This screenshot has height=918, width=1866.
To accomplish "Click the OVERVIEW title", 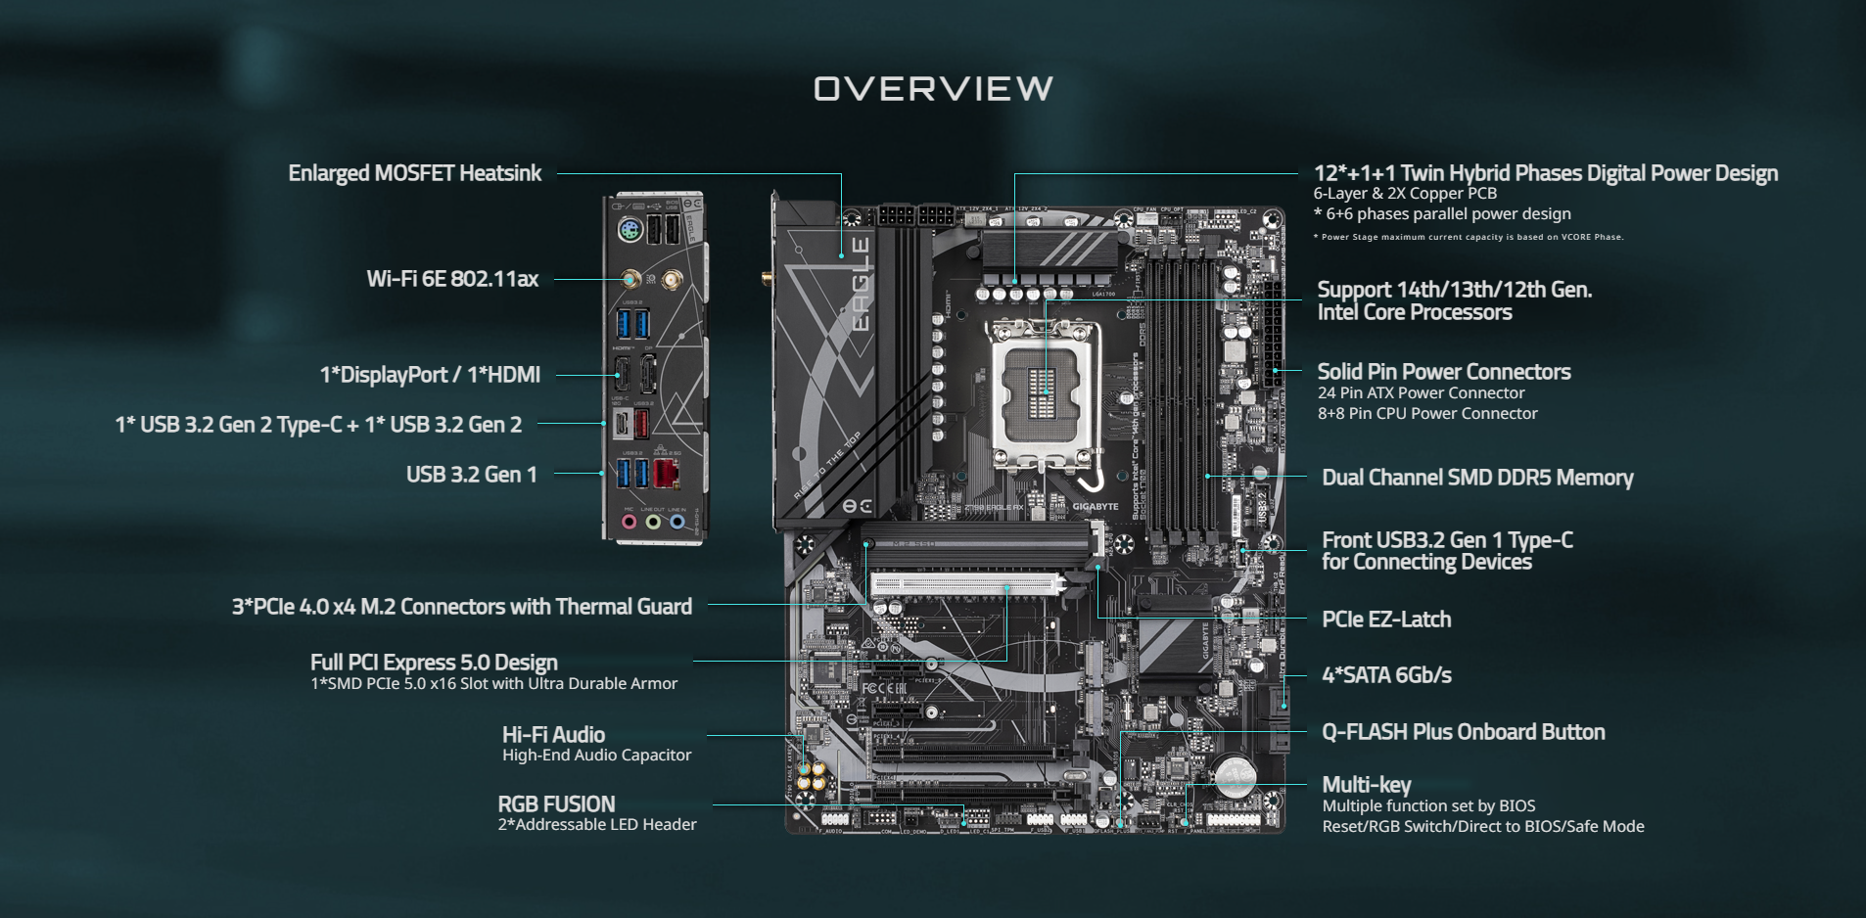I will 933,89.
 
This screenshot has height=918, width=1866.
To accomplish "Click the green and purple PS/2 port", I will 630,231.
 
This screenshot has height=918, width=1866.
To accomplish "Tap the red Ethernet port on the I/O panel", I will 666,474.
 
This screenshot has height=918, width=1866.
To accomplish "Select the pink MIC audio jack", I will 630,522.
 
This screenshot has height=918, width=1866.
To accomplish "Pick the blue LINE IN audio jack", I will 677,522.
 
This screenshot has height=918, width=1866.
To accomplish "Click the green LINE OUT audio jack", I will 653,522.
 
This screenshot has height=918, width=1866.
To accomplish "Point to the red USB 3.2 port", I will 641,424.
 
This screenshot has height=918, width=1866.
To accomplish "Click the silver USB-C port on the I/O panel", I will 621,425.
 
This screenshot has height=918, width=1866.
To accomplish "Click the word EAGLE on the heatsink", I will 860,284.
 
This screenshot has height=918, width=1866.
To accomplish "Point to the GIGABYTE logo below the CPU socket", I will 1095,506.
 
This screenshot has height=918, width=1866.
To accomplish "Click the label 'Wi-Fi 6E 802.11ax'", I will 452,279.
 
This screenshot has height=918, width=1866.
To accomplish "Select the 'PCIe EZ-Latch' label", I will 1385,620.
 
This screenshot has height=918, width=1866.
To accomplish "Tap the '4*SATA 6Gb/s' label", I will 1385,675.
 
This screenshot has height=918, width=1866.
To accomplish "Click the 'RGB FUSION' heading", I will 556,803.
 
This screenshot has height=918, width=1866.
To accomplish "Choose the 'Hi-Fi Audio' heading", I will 553,734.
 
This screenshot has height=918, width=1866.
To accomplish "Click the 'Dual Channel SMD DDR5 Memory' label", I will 1476,478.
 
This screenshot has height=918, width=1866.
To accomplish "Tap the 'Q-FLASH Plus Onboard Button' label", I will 1463,732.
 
